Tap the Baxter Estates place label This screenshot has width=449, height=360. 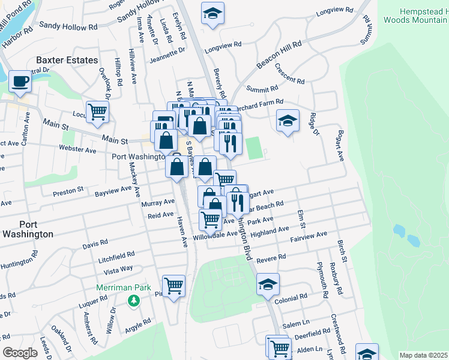coord(67,60)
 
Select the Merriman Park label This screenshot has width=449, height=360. coord(124,288)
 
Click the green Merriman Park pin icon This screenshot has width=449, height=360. coord(130,300)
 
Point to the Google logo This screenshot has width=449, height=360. coord(20,352)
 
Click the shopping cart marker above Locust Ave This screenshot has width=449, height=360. coord(97,110)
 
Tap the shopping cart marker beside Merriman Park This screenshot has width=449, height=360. coord(173,285)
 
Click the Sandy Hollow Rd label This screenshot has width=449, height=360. coord(68,26)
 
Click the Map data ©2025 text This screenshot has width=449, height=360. coord(424,355)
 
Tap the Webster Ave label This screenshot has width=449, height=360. coord(79,149)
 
